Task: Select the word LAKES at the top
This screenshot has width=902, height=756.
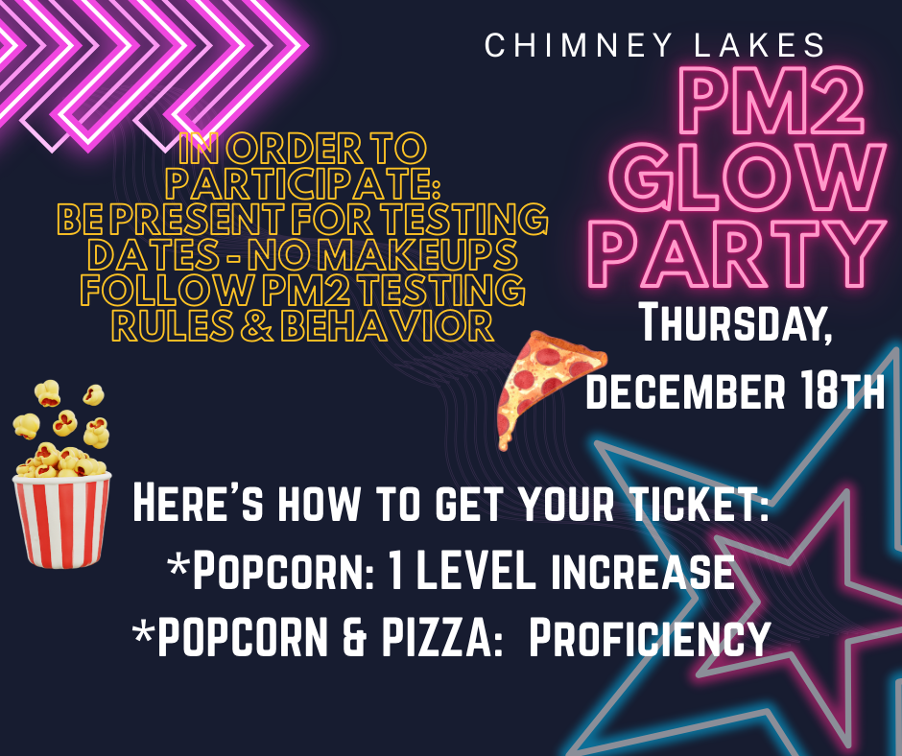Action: pos(763,45)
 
